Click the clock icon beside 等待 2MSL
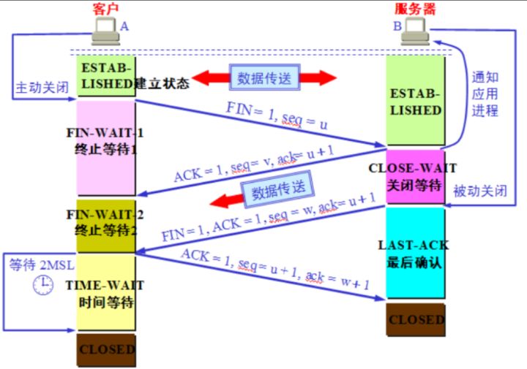point(43,285)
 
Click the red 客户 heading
point(105,9)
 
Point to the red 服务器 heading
point(415,9)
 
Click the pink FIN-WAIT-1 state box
point(106,148)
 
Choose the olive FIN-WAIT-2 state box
point(106,226)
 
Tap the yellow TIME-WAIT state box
point(106,292)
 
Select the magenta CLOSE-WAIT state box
point(416,176)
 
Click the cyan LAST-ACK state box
point(416,253)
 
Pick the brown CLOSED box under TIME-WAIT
point(106,350)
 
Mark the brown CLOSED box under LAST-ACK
point(416,320)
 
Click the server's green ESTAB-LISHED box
point(416,101)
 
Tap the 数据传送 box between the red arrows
point(264,77)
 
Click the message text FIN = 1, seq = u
point(277,115)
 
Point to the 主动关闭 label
point(42,87)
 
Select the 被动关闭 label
point(480,191)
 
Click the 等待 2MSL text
point(41,265)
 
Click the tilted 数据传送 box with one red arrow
point(278,189)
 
